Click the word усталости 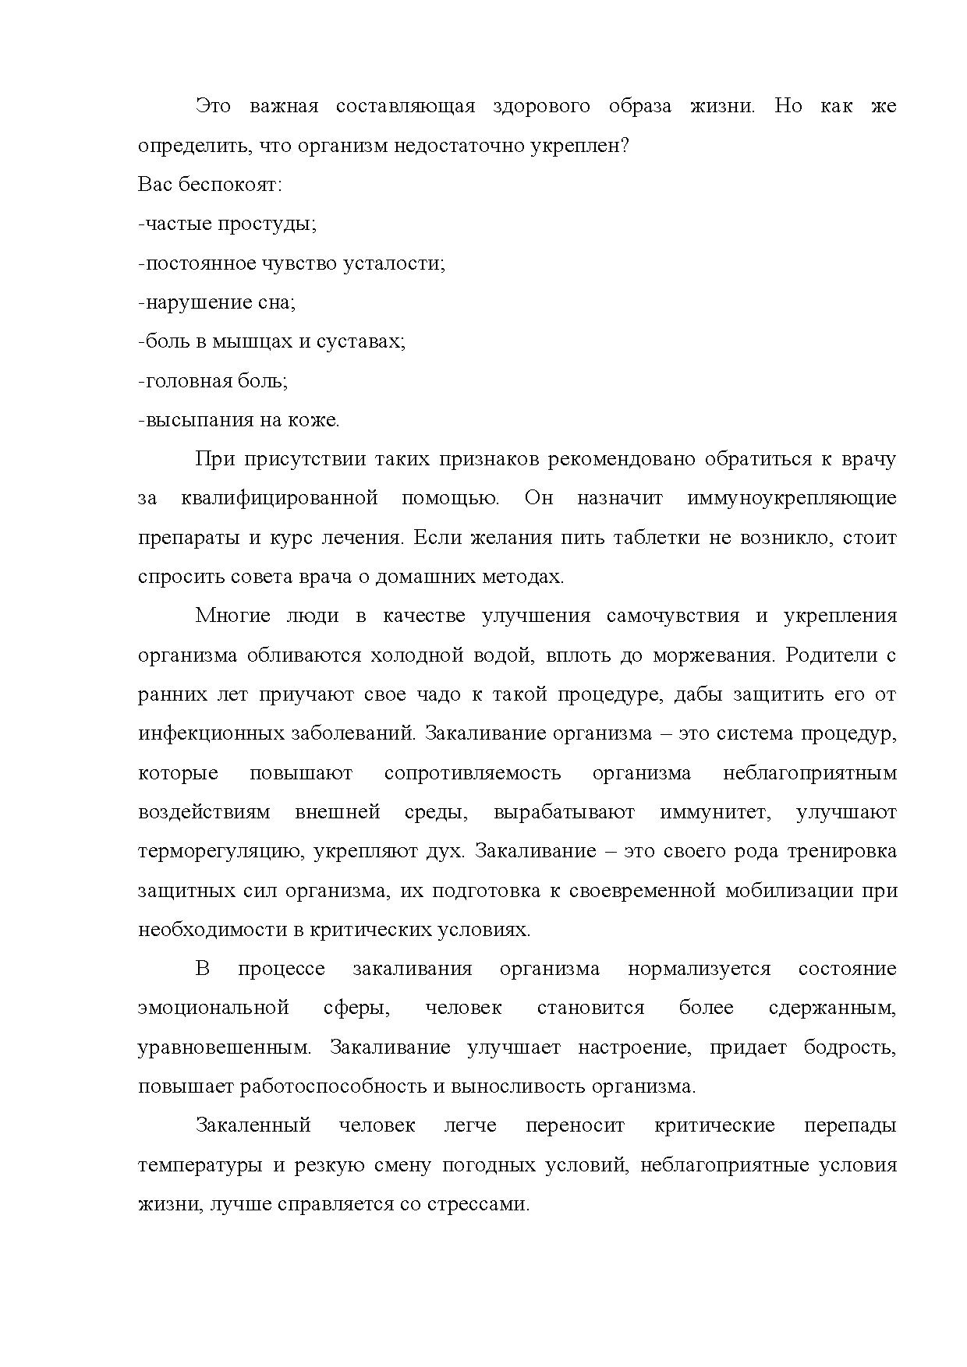tap(394, 263)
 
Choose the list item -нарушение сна tap(216, 302)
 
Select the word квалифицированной tap(279, 498)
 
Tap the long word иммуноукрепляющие tap(792, 498)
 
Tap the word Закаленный tap(253, 1125)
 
